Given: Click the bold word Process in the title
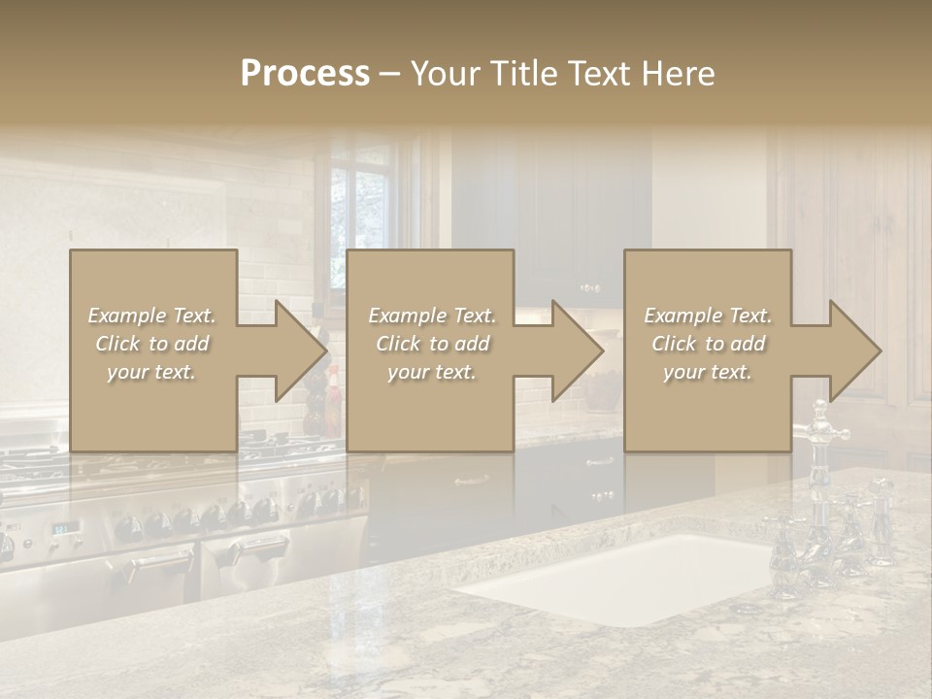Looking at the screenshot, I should tap(305, 74).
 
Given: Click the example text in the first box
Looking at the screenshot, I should tap(151, 344).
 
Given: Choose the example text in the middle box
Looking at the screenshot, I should tap(431, 344).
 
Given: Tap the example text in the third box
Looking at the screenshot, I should tap(708, 344).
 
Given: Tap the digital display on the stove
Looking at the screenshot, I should tap(66, 528).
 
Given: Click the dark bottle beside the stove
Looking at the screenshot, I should tap(316, 398).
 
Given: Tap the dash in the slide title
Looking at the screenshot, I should tap(389, 74).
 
